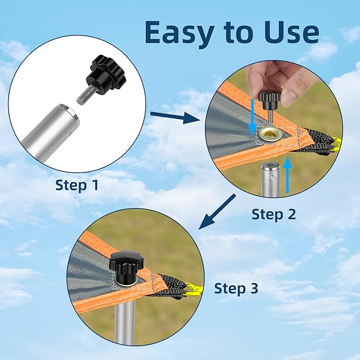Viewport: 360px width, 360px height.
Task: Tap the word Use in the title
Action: click(291, 32)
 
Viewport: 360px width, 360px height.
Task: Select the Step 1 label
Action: click(77, 185)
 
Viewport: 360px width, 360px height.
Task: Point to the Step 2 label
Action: click(274, 214)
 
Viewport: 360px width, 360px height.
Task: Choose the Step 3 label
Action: click(236, 288)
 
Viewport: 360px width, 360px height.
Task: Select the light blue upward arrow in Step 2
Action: click(287, 175)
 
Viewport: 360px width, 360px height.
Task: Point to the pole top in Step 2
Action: click(270, 166)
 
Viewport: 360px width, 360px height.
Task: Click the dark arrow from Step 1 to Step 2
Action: click(175, 116)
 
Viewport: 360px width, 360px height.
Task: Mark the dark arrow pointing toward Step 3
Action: click(217, 212)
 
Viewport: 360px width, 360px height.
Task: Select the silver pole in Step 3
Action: click(125, 321)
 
